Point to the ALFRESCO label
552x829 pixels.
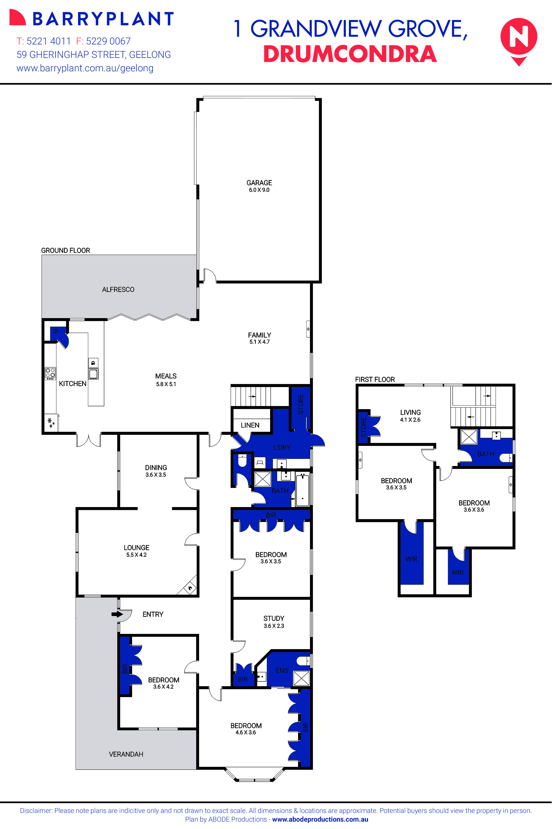click(118, 290)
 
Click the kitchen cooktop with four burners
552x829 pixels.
click(50, 373)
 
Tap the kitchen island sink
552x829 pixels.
click(93, 373)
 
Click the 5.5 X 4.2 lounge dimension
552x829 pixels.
click(137, 555)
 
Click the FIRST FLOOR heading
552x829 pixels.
click(375, 379)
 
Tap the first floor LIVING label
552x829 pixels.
click(410, 412)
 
